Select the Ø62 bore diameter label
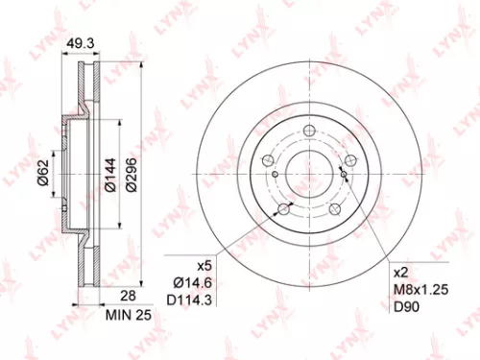(42, 173)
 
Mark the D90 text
(404, 305)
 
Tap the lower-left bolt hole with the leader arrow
(283, 209)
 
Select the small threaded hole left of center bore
(275, 174)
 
